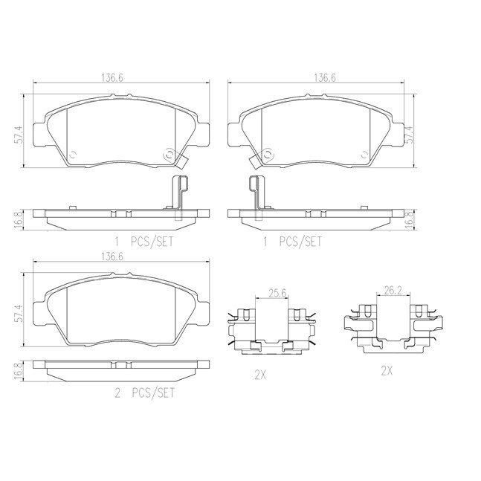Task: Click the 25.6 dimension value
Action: [x=277, y=294]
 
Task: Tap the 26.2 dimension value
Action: [x=393, y=290]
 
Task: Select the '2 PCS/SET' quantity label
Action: [x=144, y=393]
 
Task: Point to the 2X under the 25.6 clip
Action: [x=260, y=375]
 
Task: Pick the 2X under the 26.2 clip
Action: [x=387, y=371]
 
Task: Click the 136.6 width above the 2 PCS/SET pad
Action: [x=112, y=256]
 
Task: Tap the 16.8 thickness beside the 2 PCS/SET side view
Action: [x=19, y=371]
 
